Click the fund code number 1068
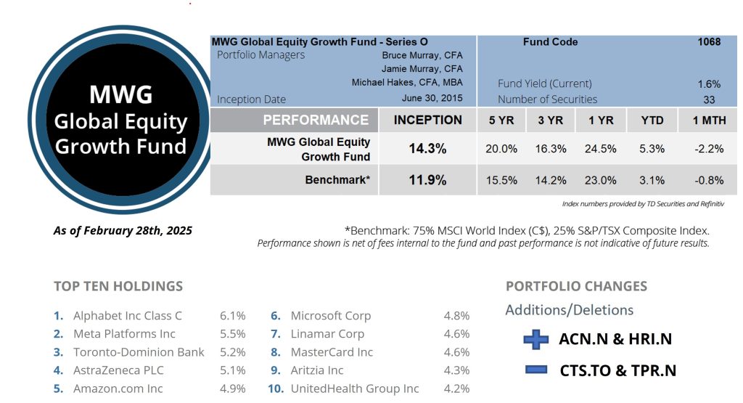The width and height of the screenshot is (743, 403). point(709,42)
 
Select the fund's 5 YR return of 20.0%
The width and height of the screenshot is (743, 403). point(501,149)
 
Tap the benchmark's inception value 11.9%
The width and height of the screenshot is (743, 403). point(427,180)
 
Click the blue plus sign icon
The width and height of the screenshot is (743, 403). point(536,339)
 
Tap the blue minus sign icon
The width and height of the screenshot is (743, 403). point(536,370)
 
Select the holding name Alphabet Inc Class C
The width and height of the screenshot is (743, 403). point(128,316)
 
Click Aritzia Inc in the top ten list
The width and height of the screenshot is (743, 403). point(317,370)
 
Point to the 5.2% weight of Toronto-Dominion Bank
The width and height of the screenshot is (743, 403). point(233,352)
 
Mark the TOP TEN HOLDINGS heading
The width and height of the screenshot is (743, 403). point(118,286)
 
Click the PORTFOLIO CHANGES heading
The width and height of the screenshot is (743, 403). point(576,286)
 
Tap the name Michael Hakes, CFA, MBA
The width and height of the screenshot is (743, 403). point(407,83)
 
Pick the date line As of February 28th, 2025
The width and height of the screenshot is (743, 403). point(123,231)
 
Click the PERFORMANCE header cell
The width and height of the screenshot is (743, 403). point(316,121)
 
